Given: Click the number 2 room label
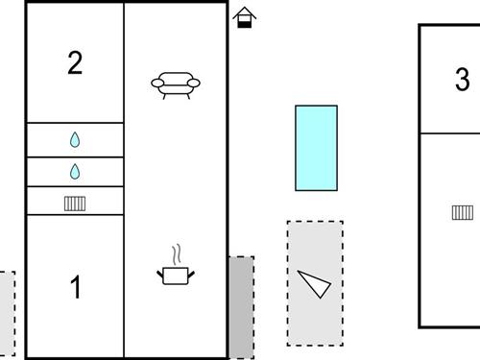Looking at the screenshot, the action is [75, 62].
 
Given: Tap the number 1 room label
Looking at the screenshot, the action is [76, 287].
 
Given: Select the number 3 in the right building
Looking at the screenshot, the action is [463, 79].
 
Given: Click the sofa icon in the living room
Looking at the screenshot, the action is [176, 85].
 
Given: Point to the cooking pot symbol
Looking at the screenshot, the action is [176, 276].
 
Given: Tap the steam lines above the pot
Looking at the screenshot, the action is [177, 254].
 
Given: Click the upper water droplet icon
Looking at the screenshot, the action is [75, 140].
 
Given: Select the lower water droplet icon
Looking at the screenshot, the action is [75, 172].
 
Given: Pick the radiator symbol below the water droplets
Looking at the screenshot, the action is [75, 204].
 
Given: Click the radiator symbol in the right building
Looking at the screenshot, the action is [463, 212].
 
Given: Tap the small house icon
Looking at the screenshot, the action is [245, 17].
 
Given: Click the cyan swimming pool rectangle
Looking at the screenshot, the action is [316, 148].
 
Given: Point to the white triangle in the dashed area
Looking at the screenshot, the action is [315, 283].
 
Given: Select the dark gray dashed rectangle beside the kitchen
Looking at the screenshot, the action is [241, 307].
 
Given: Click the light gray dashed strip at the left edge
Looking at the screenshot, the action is [7, 313].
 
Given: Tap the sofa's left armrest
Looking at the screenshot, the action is [157, 84].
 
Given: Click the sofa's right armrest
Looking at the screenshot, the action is [194, 84].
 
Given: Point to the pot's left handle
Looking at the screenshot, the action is [160, 274].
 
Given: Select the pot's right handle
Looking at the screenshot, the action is [191, 275].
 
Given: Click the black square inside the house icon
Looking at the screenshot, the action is [245, 24].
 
